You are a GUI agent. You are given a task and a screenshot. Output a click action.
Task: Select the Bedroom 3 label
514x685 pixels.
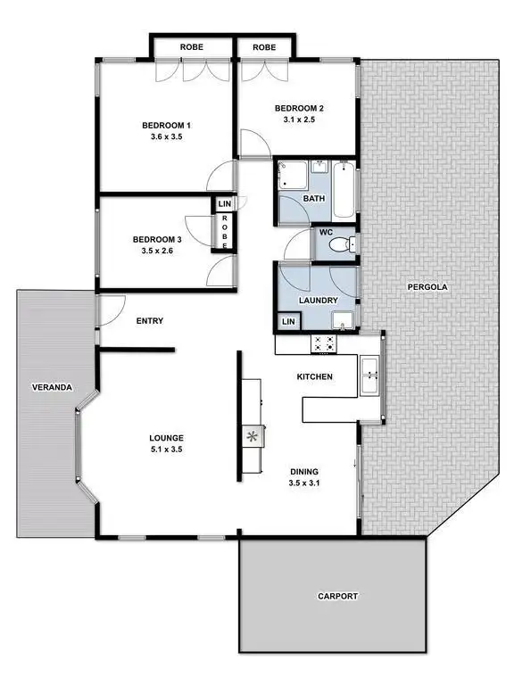pos(157,239)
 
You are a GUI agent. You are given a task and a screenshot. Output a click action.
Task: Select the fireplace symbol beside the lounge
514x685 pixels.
pos(253,436)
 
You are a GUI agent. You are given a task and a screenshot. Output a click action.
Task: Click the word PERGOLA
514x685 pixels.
pos(427,287)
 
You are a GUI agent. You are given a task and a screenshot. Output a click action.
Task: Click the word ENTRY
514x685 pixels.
pos(150,321)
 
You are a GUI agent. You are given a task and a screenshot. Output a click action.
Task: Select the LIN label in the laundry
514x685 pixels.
pos(287,321)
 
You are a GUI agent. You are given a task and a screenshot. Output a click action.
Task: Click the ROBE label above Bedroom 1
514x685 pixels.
pos(192,46)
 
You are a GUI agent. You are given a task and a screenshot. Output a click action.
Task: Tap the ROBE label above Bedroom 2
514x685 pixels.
pos(264,46)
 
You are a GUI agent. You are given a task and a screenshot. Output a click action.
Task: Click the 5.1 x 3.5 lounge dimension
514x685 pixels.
pos(166,450)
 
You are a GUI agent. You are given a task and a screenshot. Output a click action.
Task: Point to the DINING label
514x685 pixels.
pos(304,471)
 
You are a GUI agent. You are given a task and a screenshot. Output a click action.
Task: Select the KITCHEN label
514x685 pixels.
pos(314,377)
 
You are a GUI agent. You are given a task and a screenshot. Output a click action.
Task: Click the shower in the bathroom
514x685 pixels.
pos(292,177)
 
